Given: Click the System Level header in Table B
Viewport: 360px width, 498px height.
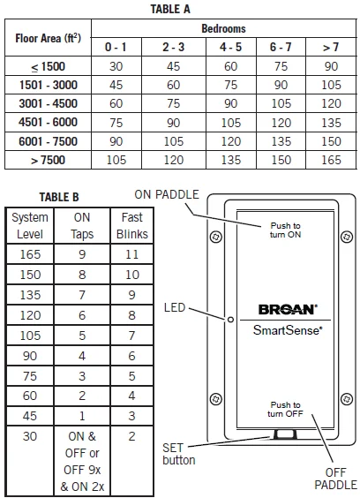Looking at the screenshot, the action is pos(30,226).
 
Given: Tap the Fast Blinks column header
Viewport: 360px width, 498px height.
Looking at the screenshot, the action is pos(131,226).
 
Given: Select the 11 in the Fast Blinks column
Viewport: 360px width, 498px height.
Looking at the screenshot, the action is pos(131,254).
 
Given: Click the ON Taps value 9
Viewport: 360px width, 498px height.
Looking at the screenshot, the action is pos(81,254).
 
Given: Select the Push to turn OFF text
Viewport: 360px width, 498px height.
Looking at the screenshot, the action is pos(285,410).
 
